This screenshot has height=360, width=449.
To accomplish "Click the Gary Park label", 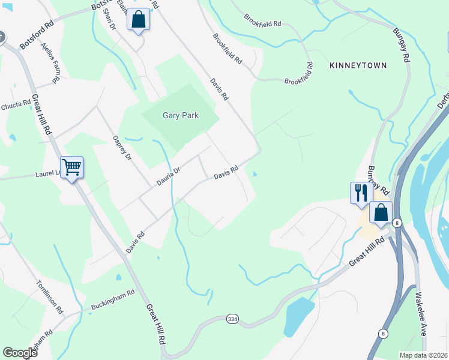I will pyautogui.click(x=180, y=116).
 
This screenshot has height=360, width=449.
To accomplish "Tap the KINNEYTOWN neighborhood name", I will pyautogui.click(x=358, y=64).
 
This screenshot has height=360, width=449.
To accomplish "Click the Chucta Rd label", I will pyautogui.click(x=16, y=105).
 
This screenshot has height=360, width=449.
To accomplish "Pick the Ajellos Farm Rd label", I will pyautogui.click(x=50, y=62).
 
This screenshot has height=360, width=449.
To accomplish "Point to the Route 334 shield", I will pyautogui.click(x=232, y=319).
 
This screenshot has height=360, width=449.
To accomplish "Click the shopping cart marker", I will pyautogui.click(x=71, y=167).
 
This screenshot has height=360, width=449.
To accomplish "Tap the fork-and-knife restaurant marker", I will pyautogui.click(x=361, y=193).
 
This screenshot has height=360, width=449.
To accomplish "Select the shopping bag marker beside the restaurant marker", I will pyautogui.click(x=381, y=212).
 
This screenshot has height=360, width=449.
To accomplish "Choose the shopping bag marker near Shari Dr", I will pyautogui.click(x=138, y=19).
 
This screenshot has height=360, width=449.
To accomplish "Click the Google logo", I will pyautogui.click(x=20, y=353).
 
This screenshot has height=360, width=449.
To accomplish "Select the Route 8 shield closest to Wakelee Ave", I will pyautogui.click(x=383, y=332).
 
